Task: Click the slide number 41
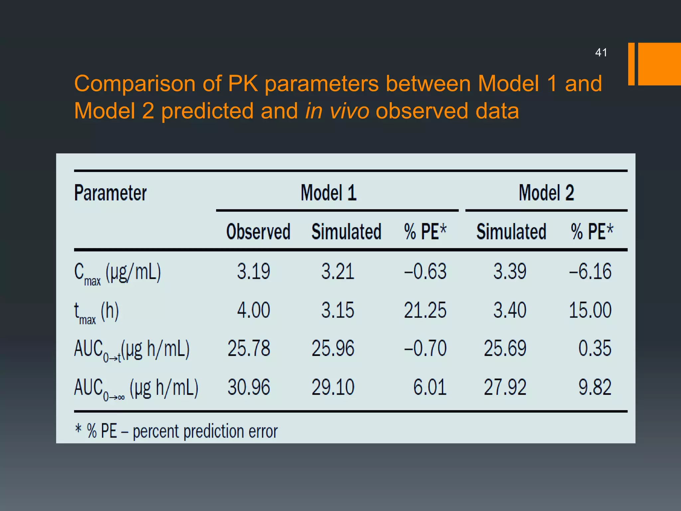pyautogui.click(x=601, y=53)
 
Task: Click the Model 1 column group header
pyautogui.click(x=329, y=193)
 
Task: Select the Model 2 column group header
pyautogui.click(x=546, y=193)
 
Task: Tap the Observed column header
pyautogui.click(x=258, y=232)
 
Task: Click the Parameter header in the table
pyautogui.click(x=110, y=193)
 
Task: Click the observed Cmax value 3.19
pyautogui.click(x=253, y=271)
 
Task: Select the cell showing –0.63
pyautogui.click(x=425, y=271)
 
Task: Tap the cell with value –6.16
pyautogui.click(x=590, y=271)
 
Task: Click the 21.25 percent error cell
pyautogui.click(x=425, y=310)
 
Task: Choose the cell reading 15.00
pyautogui.click(x=590, y=310)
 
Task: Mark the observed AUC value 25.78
pyautogui.click(x=249, y=349)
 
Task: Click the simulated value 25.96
pyautogui.click(x=333, y=349)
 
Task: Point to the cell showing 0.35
pyautogui.click(x=595, y=349)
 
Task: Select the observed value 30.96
pyautogui.click(x=249, y=387)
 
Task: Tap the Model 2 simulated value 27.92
pyautogui.click(x=505, y=387)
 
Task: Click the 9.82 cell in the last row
pyautogui.click(x=595, y=387)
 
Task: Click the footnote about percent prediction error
pyautogui.click(x=176, y=431)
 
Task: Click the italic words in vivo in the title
pyautogui.click(x=337, y=111)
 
